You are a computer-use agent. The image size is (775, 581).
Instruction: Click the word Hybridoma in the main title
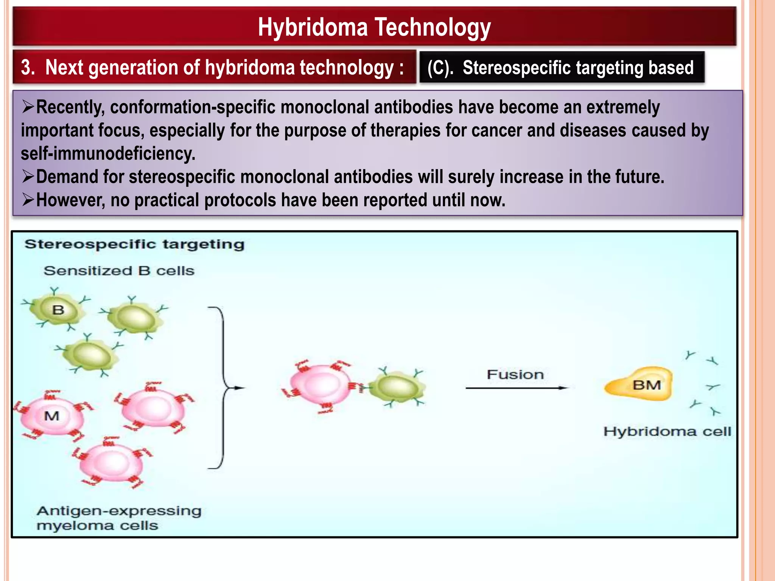click(x=313, y=27)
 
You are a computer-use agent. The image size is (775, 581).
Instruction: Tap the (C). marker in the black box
click(x=440, y=68)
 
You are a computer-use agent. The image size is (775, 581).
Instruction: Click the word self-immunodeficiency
click(x=108, y=154)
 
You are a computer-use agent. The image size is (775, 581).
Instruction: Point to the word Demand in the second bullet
click(x=67, y=177)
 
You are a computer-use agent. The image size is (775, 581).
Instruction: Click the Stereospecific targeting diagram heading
click(x=134, y=244)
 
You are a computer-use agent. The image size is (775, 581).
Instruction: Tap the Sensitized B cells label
click(x=119, y=271)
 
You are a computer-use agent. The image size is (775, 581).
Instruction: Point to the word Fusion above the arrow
click(x=515, y=374)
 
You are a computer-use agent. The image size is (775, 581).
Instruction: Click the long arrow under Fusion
click(x=517, y=388)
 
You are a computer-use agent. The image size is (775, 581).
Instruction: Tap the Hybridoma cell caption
click(x=667, y=432)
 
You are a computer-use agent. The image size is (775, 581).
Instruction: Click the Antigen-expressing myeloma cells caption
click(x=118, y=518)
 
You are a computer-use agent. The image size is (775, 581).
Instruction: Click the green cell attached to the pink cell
click(x=397, y=388)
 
